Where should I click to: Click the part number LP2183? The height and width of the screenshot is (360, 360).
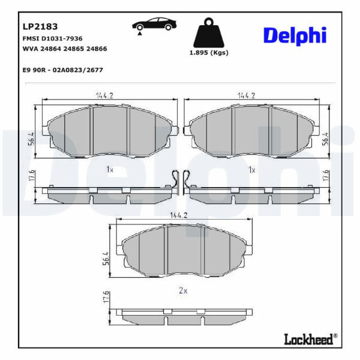click(x=40, y=26)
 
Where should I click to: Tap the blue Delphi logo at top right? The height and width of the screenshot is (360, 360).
click(x=295, y=36)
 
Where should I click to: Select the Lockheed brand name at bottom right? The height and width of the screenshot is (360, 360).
click(x=308, y=339)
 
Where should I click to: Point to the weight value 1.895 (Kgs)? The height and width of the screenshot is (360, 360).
click(x=209, y=53)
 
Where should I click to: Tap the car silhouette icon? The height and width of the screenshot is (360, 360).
click(x=154, y=25)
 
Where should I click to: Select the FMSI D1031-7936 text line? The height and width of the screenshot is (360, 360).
click(x=52, y=38)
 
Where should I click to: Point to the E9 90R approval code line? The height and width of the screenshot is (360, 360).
click(x=62, y=70)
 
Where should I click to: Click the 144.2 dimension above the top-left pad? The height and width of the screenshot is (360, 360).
click(x=104, y=95)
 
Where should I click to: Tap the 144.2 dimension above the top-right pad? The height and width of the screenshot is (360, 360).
click(x=247, y=95)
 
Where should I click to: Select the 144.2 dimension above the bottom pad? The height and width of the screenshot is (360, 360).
click(x=179, y=215)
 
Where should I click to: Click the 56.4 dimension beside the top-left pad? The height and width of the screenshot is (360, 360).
click(x=31, y=139)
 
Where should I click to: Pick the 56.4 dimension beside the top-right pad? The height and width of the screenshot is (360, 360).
click(x=325, y=139)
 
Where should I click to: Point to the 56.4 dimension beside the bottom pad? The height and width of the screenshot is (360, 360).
click(x=106, y=259)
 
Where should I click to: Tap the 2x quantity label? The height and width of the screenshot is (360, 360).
click(x=183, y=291)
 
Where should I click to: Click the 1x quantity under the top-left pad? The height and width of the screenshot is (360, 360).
click(x=110, y=170)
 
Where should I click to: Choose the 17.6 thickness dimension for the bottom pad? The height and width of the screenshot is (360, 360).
click(x=106, y=297)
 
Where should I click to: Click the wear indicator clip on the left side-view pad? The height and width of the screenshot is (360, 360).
click(x=176, y=181)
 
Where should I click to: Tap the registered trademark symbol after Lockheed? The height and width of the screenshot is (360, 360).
click(x=335, y=335)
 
